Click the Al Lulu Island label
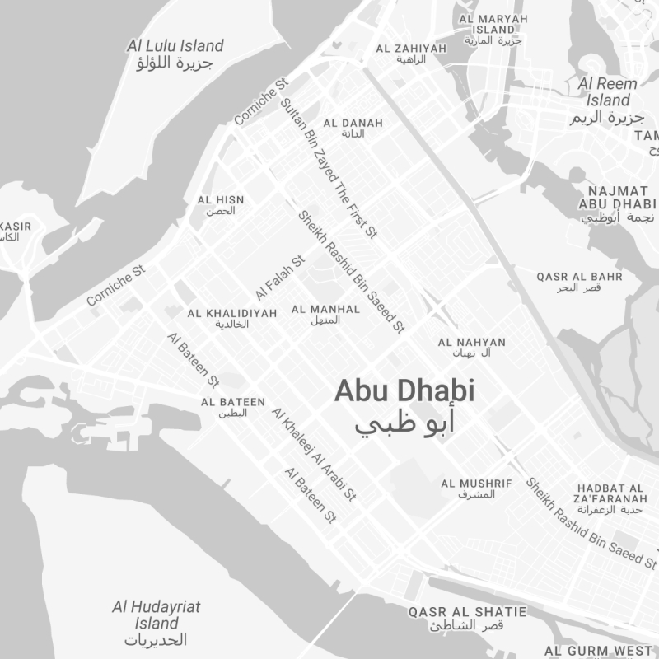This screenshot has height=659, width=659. [175, 54]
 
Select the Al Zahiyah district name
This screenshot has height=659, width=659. [411, 54]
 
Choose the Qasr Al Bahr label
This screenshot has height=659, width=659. [579, 282]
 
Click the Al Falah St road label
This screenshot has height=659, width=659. [280, 277]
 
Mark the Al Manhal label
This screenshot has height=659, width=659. [325, 315]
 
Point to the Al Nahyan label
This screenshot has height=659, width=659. [472, 347]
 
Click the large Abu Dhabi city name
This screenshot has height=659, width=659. [404, 404]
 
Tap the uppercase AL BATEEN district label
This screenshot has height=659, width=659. [233, 407]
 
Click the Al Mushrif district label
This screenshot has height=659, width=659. [476, 488]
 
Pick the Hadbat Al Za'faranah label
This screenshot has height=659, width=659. [611, 498]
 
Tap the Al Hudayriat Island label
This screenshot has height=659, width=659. [157, 623]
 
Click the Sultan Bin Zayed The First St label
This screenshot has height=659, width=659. [328, 169]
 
